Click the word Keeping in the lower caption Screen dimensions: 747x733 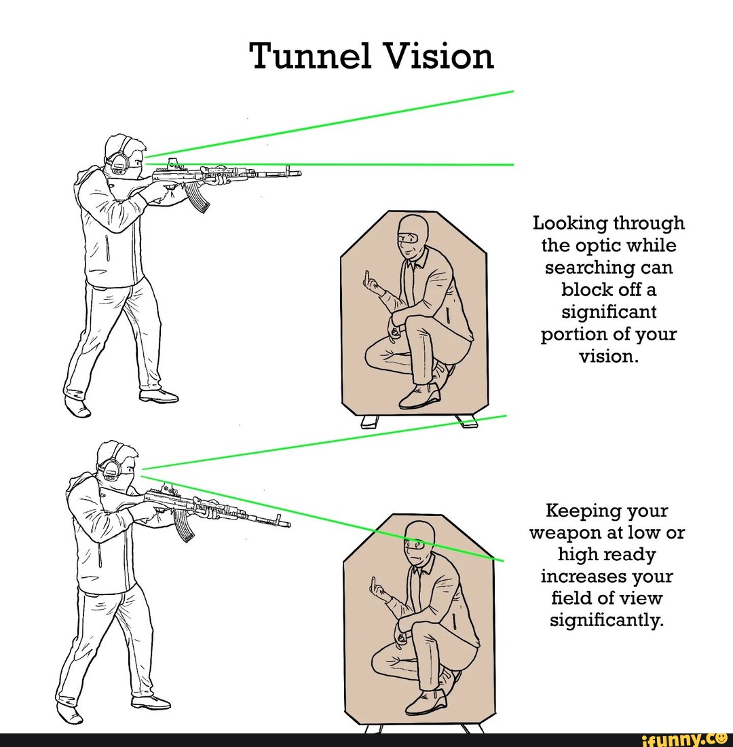coord(584,511)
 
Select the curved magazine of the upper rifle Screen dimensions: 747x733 coord(198,197)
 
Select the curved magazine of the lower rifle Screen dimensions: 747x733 coord(183,524)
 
